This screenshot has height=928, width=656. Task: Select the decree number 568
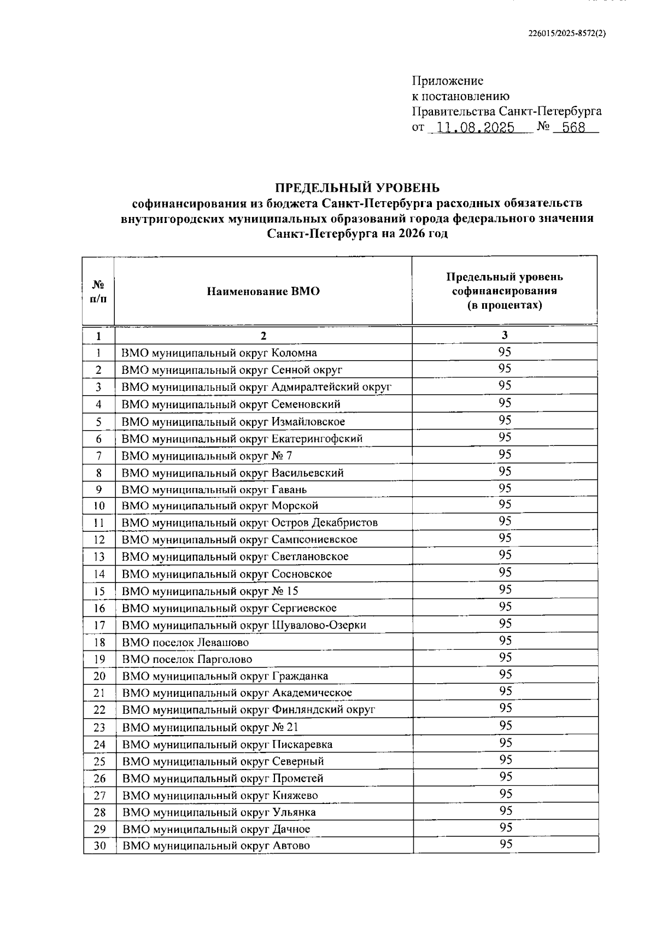(x=573, y=128)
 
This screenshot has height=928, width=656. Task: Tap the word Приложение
(x=447, y=81)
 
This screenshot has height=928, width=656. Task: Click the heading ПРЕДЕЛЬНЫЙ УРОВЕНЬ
(x=357, y=188)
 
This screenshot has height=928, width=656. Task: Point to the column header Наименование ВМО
(x=263, y=291)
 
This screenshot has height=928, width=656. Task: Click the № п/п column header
(x=98, y=291)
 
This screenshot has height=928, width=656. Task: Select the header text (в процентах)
(x=504, y=305)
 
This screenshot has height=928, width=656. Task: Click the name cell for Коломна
(x=219, y=353)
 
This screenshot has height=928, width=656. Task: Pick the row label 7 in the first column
(x=98, y=455)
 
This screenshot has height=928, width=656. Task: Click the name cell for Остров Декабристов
(x=249, y=522)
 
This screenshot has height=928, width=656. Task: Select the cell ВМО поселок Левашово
(x=185, y=643)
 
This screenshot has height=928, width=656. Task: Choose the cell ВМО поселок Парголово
(x=187, y=660)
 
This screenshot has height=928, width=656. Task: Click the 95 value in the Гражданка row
(x=505, y=674)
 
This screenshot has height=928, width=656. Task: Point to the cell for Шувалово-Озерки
(x=244, y=625)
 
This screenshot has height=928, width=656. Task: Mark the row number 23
(x=99, y=727)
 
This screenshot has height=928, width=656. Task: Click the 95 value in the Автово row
(x=505, y=844)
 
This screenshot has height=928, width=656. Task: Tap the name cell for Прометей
(x=222, y=778)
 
